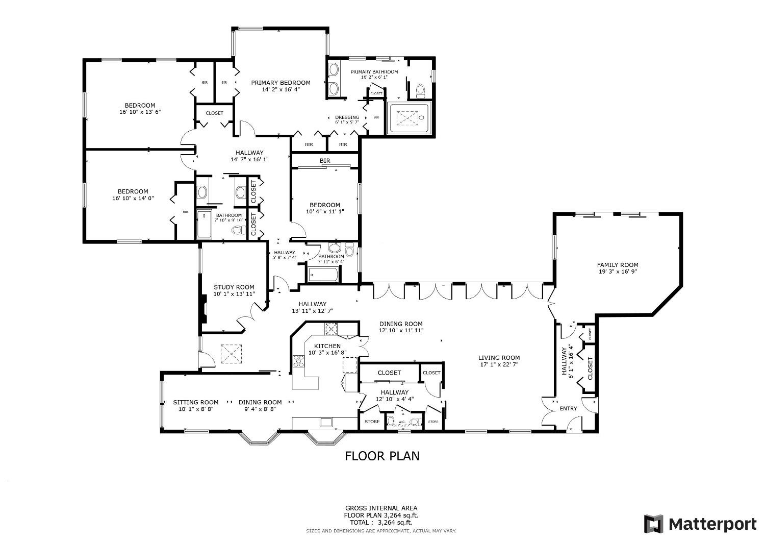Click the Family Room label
618,265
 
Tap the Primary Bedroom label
280,83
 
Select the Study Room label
234,287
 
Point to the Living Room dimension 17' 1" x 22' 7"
499,364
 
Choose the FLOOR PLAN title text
382,456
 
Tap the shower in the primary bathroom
409,118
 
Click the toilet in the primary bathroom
421,91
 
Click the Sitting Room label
195,402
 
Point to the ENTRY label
568,408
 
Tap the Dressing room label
347,117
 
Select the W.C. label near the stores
401,422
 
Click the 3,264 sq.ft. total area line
381,522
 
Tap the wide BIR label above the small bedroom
325,161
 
